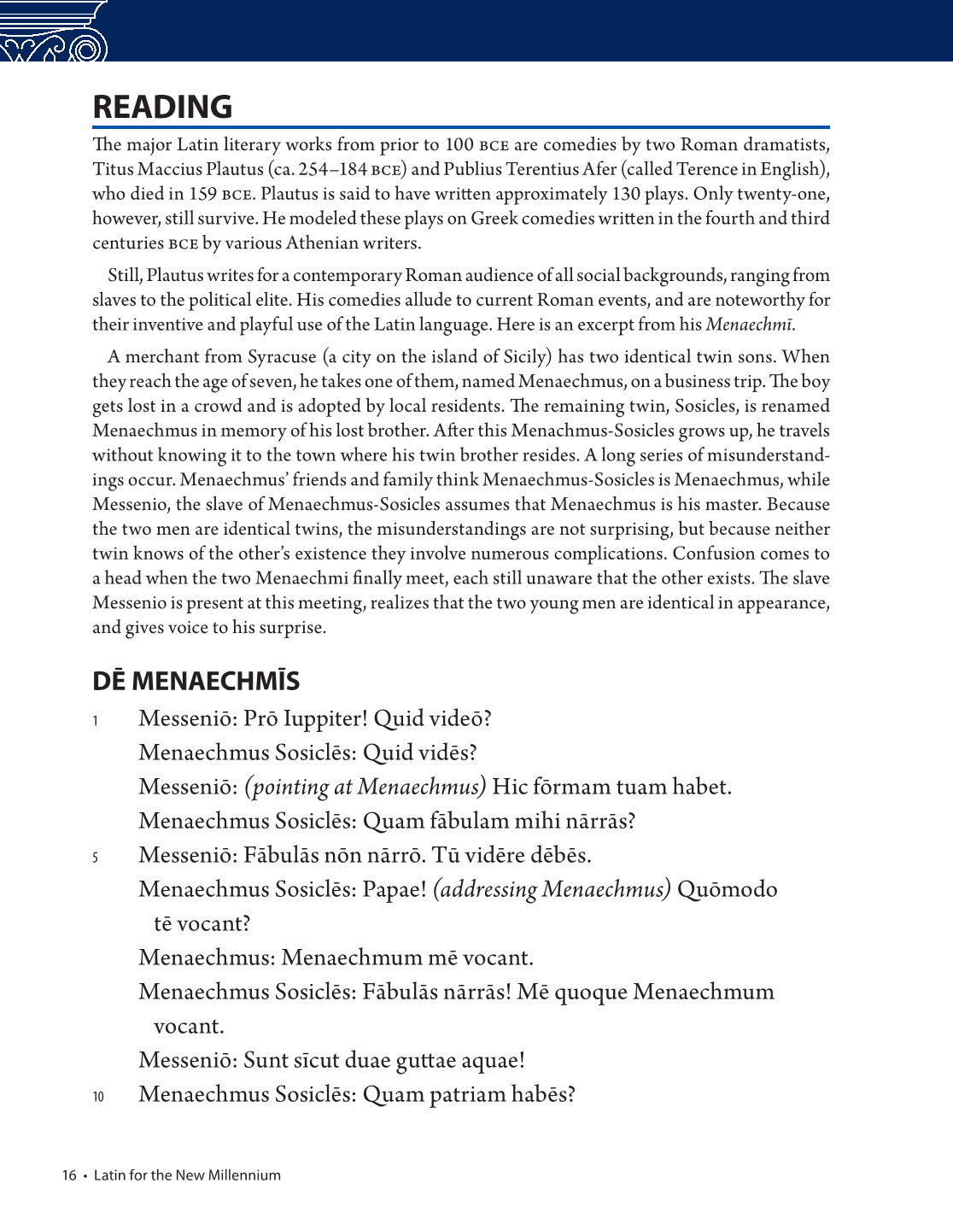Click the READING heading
162,107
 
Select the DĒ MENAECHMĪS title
196,681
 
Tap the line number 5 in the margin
96,857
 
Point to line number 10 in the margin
98,1096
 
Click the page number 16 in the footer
69,1175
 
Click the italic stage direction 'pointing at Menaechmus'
365,787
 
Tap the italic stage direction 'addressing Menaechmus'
552,889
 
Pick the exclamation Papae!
395,889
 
